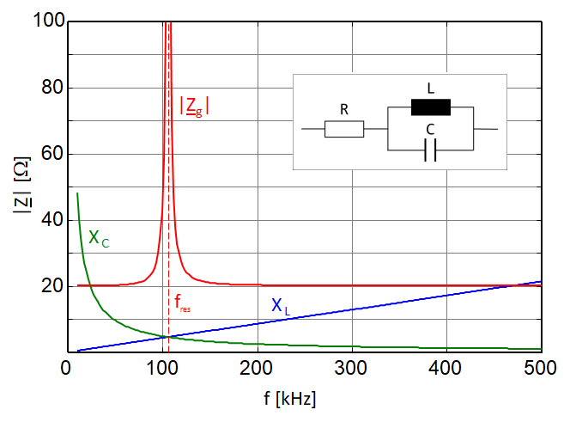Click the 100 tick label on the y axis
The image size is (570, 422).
coord(49,20)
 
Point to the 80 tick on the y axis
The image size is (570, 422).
coord(53,87)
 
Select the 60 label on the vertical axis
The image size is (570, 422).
coord(53,153)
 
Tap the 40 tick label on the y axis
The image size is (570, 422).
coord(53,219)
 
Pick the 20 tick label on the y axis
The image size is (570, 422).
coord(53,286)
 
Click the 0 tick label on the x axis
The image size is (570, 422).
coord(65,368)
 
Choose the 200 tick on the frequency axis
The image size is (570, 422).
coord(256,368)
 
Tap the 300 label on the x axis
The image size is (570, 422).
coord(351,368)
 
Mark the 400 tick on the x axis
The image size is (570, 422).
coord(446,368)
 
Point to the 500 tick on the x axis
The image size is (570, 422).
coord(540,368)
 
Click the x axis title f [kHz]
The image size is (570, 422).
coord(290,399)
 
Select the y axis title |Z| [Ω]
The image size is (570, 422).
coord(22,185)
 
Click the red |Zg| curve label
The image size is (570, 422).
coord(195,107)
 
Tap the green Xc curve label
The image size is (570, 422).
coord(99,239)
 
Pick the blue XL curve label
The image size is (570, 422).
coord(281,306)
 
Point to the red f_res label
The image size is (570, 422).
coord(182,303)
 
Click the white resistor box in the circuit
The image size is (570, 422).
coord(344,129)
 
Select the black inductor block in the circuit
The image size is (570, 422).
coord(431,107)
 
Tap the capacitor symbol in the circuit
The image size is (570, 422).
coord(430,150)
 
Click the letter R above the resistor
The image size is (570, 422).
coord(344,110)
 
